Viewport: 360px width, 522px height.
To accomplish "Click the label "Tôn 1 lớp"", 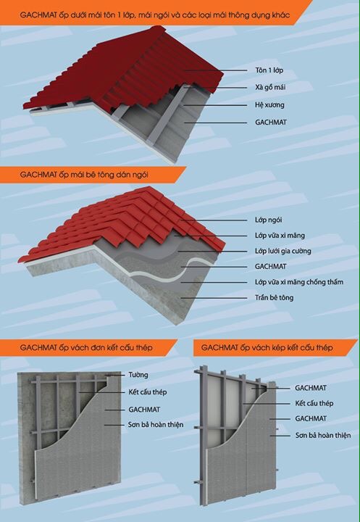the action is tap(269, 70).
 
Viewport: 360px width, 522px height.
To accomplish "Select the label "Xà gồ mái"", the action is tap(270, 87).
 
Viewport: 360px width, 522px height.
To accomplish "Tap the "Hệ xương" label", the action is tap(269, 105).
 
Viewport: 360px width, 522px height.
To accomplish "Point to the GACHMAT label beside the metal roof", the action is tap(271, 123).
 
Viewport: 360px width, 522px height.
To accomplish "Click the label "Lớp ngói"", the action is tap(268, 220).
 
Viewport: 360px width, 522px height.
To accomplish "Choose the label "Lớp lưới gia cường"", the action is tap(282, 251).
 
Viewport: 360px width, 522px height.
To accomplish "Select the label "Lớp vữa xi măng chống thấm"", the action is tap(299, 282).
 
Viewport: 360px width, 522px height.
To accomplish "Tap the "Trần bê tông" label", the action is tap(274, 297).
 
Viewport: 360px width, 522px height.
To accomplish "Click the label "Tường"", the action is tap(138, 375).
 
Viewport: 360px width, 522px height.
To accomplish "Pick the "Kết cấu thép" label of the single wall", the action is tap(148, 391).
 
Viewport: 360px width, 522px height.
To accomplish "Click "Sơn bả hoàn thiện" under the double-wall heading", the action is tap(323, 435).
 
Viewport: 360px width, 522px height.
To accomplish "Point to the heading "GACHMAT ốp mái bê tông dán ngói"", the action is tap(84, 175).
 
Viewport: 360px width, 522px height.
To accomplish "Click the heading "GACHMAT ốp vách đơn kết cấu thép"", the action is tap(86, 347).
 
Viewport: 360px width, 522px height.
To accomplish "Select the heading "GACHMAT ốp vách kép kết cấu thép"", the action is tap(267, 347).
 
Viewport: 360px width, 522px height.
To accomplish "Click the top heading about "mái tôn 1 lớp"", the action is tap(155, 15).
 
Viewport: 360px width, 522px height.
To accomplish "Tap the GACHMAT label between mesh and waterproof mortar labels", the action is tap(270, 266).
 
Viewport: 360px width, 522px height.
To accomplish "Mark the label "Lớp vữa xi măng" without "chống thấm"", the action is tap(280, 236).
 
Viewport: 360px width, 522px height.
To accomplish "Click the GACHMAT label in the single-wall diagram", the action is tap(144, 410).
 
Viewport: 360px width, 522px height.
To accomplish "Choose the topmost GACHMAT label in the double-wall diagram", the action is tap(311, 388).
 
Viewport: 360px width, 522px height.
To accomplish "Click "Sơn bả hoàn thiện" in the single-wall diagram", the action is tap(156, 424).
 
